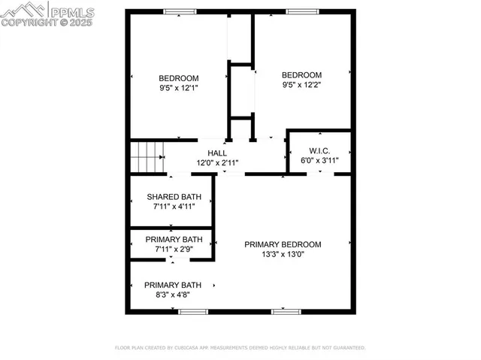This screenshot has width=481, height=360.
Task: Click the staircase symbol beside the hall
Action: click(147, 157)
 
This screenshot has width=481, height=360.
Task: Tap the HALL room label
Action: click(217, 153)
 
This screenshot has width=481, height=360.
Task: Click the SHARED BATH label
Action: click(174, 197)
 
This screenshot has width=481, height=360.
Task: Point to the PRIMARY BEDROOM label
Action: click(283, 244)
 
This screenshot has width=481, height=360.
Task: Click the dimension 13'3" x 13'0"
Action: click(283, 254)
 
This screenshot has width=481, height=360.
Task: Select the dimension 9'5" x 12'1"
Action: click(178, 88)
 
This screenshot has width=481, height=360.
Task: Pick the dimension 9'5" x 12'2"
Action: click(301, 85)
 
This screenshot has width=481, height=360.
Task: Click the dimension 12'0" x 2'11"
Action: click(217, 162)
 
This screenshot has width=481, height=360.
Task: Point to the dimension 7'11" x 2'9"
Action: click(174, 249)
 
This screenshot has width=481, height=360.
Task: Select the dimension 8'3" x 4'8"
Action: click(173, 295)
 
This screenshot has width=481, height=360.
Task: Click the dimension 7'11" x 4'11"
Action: click(174, 206)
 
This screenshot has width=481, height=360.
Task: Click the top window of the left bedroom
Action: click(180, 11)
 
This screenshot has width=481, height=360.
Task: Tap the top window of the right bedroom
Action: click(301, 11)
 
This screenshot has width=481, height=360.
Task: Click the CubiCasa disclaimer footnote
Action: click(240, 348)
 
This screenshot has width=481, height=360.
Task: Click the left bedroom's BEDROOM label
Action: click(178, 78)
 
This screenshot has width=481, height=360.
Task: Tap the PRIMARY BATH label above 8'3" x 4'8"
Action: click(173, 285)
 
